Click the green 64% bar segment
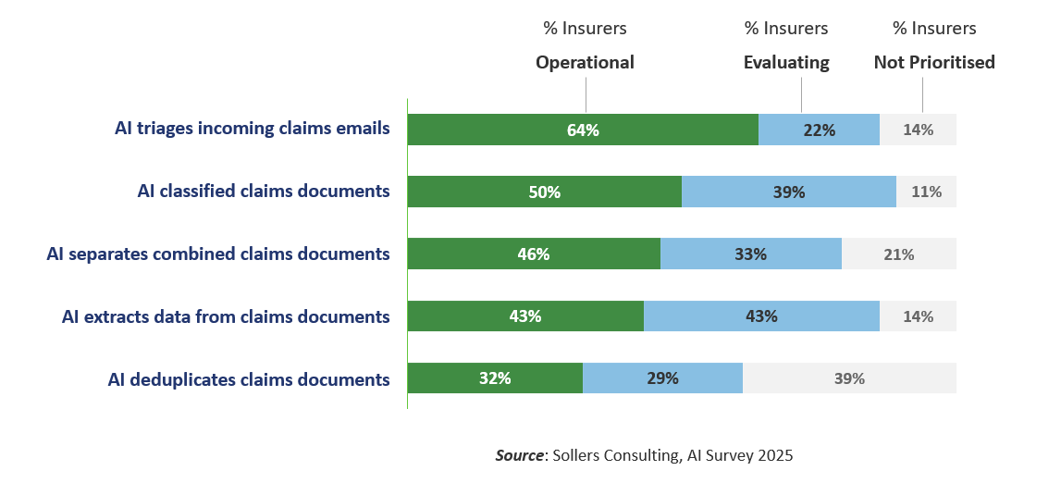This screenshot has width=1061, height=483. click(583, 130)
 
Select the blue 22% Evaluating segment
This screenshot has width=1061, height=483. click(819, 130)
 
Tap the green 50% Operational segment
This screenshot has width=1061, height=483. click(544, 192)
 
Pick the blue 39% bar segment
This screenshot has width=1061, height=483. click(788, 192)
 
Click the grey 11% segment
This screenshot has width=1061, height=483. click(926, 192)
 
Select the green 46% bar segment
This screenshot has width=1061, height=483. click(534, 254)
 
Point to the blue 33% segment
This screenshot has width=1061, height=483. click(750, 254)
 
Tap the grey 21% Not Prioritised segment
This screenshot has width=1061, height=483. click(898, 254)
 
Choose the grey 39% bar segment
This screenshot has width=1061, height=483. click(849, 378)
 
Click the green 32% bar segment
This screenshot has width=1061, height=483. click(495, 378)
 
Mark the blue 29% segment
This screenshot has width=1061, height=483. click(662, 378)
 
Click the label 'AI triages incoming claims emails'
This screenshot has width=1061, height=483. click(252, 129)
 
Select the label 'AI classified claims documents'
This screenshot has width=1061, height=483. click(263, 192)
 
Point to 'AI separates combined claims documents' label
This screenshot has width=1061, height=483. click(218, 254)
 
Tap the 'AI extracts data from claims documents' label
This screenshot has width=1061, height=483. click(226, 316)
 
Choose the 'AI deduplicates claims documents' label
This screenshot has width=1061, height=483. click(249, 379)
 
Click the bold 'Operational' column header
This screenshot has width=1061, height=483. click(585, 63)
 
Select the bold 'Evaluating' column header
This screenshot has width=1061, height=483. click(786, 63)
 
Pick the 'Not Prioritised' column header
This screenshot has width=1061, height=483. click(934, 63)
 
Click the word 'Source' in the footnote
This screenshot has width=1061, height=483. click(518, 455)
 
